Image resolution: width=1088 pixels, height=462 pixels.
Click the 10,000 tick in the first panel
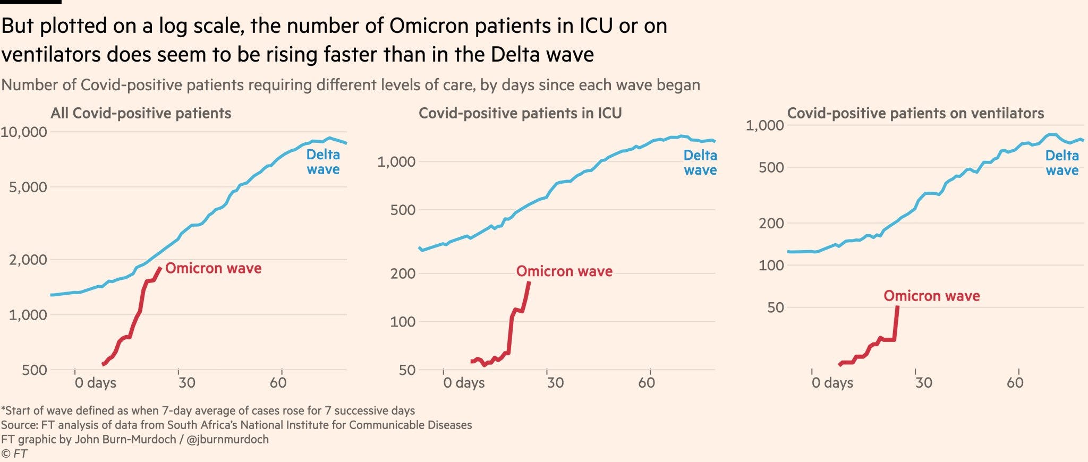[24, 132]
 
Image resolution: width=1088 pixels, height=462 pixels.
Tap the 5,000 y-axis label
[28, 187]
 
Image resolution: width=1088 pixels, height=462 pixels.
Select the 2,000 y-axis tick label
[28, 260]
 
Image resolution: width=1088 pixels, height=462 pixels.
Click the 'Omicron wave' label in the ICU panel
[564, 271]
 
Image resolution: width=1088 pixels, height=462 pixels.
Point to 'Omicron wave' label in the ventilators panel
[931, 296]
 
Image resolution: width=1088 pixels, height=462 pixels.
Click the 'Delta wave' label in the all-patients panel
[323, 162]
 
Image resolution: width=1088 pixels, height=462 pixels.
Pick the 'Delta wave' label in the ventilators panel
[1062, 163]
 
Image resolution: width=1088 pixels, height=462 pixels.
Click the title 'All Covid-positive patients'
[141, 113]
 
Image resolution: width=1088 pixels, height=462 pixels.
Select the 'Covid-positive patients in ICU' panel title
[520, 113]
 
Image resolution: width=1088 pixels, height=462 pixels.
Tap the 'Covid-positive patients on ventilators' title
[915, 113]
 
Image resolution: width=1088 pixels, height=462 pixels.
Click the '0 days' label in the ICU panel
[464, 383]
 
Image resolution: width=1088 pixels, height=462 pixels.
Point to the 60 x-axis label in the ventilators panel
[1015, 383]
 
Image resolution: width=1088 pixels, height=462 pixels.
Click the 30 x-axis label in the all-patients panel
[186, 383]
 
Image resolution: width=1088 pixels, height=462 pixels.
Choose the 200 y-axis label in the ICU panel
[403, 274]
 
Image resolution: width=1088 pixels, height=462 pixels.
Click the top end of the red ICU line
[529, 283]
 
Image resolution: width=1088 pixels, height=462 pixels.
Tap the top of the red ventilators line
[897, 307]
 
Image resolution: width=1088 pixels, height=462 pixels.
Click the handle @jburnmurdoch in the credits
[227, 440]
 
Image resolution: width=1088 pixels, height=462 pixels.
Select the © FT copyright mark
[14, 454]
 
